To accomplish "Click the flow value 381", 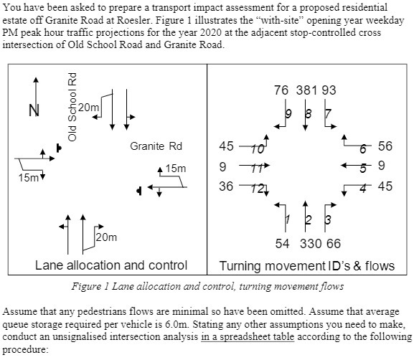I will pyautogui.click(x=306, y=91).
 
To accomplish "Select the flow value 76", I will pyautogui.click(x=281, y=91).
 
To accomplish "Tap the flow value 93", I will pyautogui.click(x=329, y=91).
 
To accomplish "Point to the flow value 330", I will pyautogui.click(x=311, y=244).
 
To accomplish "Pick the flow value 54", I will pyautogui.click(x=284, y=244).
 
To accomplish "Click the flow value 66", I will pyautogui.click(x=333, y=244).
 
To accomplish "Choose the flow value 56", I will pyautogui.click(x=385, y=146).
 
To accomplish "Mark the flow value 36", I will pyautogui.click(x=226, y=186).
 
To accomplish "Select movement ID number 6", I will pyautogui.click(x=364, y=148).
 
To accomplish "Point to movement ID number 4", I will pyautogui.click(x=364, y=187).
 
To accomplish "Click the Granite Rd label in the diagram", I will pyautogui.click(x=156, y=146).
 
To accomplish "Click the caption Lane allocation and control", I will pyautogui.click(x=111, y=265).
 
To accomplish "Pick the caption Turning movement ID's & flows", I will pyautogui.click(x=307, y=265).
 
